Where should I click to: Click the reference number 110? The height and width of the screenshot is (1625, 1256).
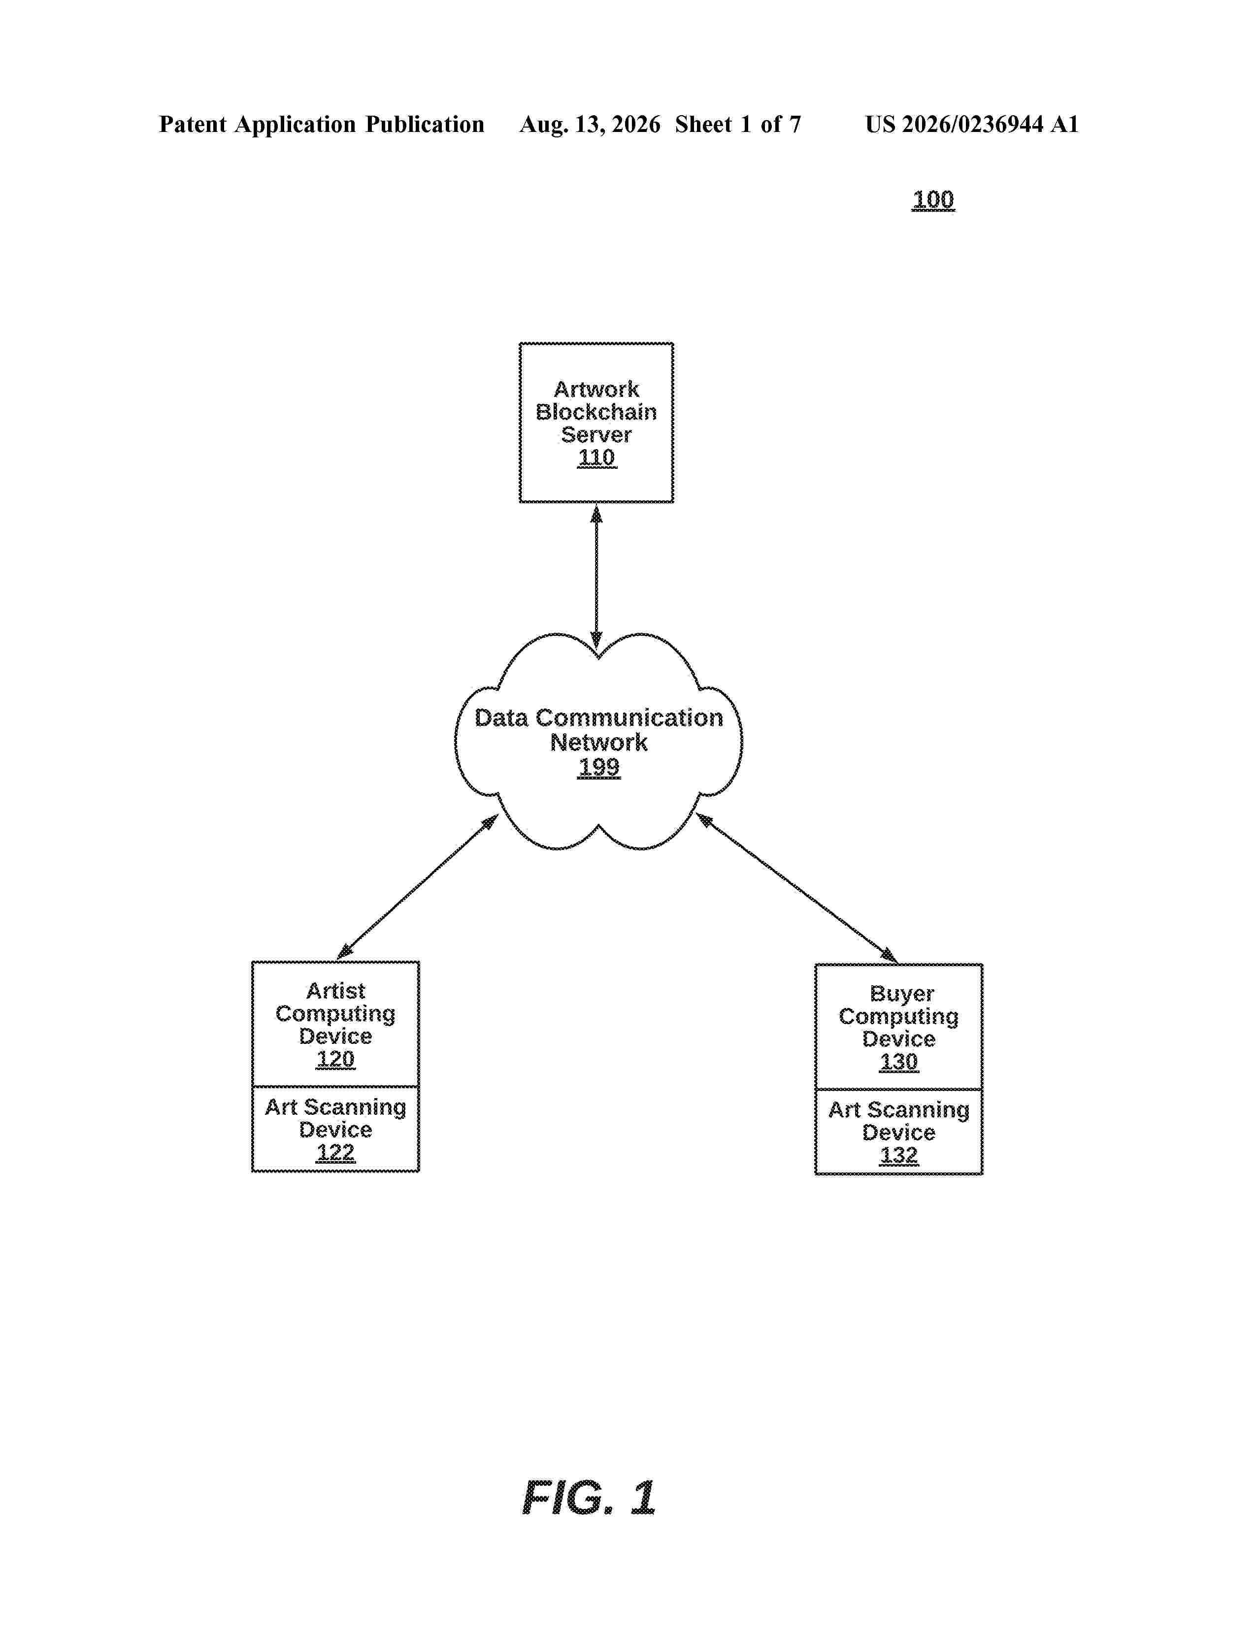click(597, 457)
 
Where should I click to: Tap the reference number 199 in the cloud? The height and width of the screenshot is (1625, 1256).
click(599, 767)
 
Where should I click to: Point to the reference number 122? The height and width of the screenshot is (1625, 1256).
click(335, 1153)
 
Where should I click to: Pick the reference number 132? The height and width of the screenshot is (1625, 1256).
click(899, 1156)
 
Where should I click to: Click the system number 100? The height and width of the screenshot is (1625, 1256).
click(933, 199)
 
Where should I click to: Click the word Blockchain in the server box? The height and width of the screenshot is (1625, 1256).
click(597, 412)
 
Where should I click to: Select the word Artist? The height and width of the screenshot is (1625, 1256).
click(335, 991)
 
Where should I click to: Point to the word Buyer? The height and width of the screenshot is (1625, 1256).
click(902, 995)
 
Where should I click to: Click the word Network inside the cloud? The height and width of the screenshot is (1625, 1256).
click(599, 743)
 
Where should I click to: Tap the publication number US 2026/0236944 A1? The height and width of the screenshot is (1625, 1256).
click(972, 124)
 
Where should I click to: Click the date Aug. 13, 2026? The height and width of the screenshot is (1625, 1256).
click(590, 124)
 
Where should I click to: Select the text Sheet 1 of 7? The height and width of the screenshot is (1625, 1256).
click(738, 124)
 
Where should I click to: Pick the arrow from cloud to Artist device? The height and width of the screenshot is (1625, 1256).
click(417, 886)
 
